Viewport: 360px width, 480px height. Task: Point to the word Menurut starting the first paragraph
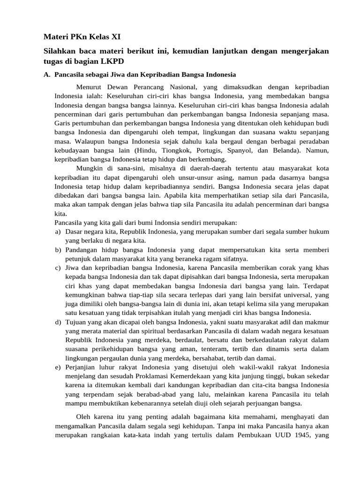[89, 87]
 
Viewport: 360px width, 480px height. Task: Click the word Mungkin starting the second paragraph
[90, 168]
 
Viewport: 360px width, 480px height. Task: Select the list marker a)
[58, 232]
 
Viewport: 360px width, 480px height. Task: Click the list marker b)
[58, 250]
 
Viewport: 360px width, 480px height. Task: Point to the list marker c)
[58, 268]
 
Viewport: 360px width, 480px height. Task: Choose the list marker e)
[58, 367]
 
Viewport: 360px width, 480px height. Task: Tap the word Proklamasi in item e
[167, 376]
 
